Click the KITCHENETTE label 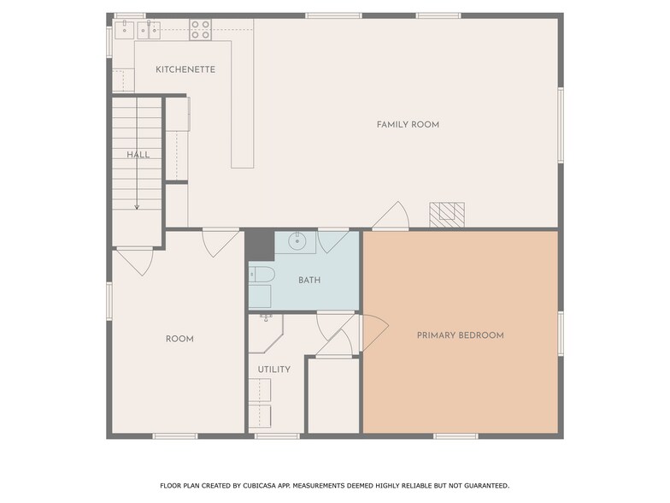(x=185, y=69)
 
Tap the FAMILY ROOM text (x=408, y=125)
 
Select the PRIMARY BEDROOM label (x=460, y=335)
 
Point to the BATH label (x=309, y=281)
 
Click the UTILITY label (x=273, y=370)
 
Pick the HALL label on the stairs (x=138, y=155)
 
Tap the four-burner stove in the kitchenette (x=200, y=30)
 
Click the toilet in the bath (x=261, y=275)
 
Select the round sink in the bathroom (x=297, y=241)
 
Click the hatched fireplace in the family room (x=446, y=214)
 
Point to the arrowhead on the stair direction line (x=137, y=206)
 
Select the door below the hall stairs (x=134, y=259)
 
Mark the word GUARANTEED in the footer (x=482, y=485)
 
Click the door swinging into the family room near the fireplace (x=391, y=216)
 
